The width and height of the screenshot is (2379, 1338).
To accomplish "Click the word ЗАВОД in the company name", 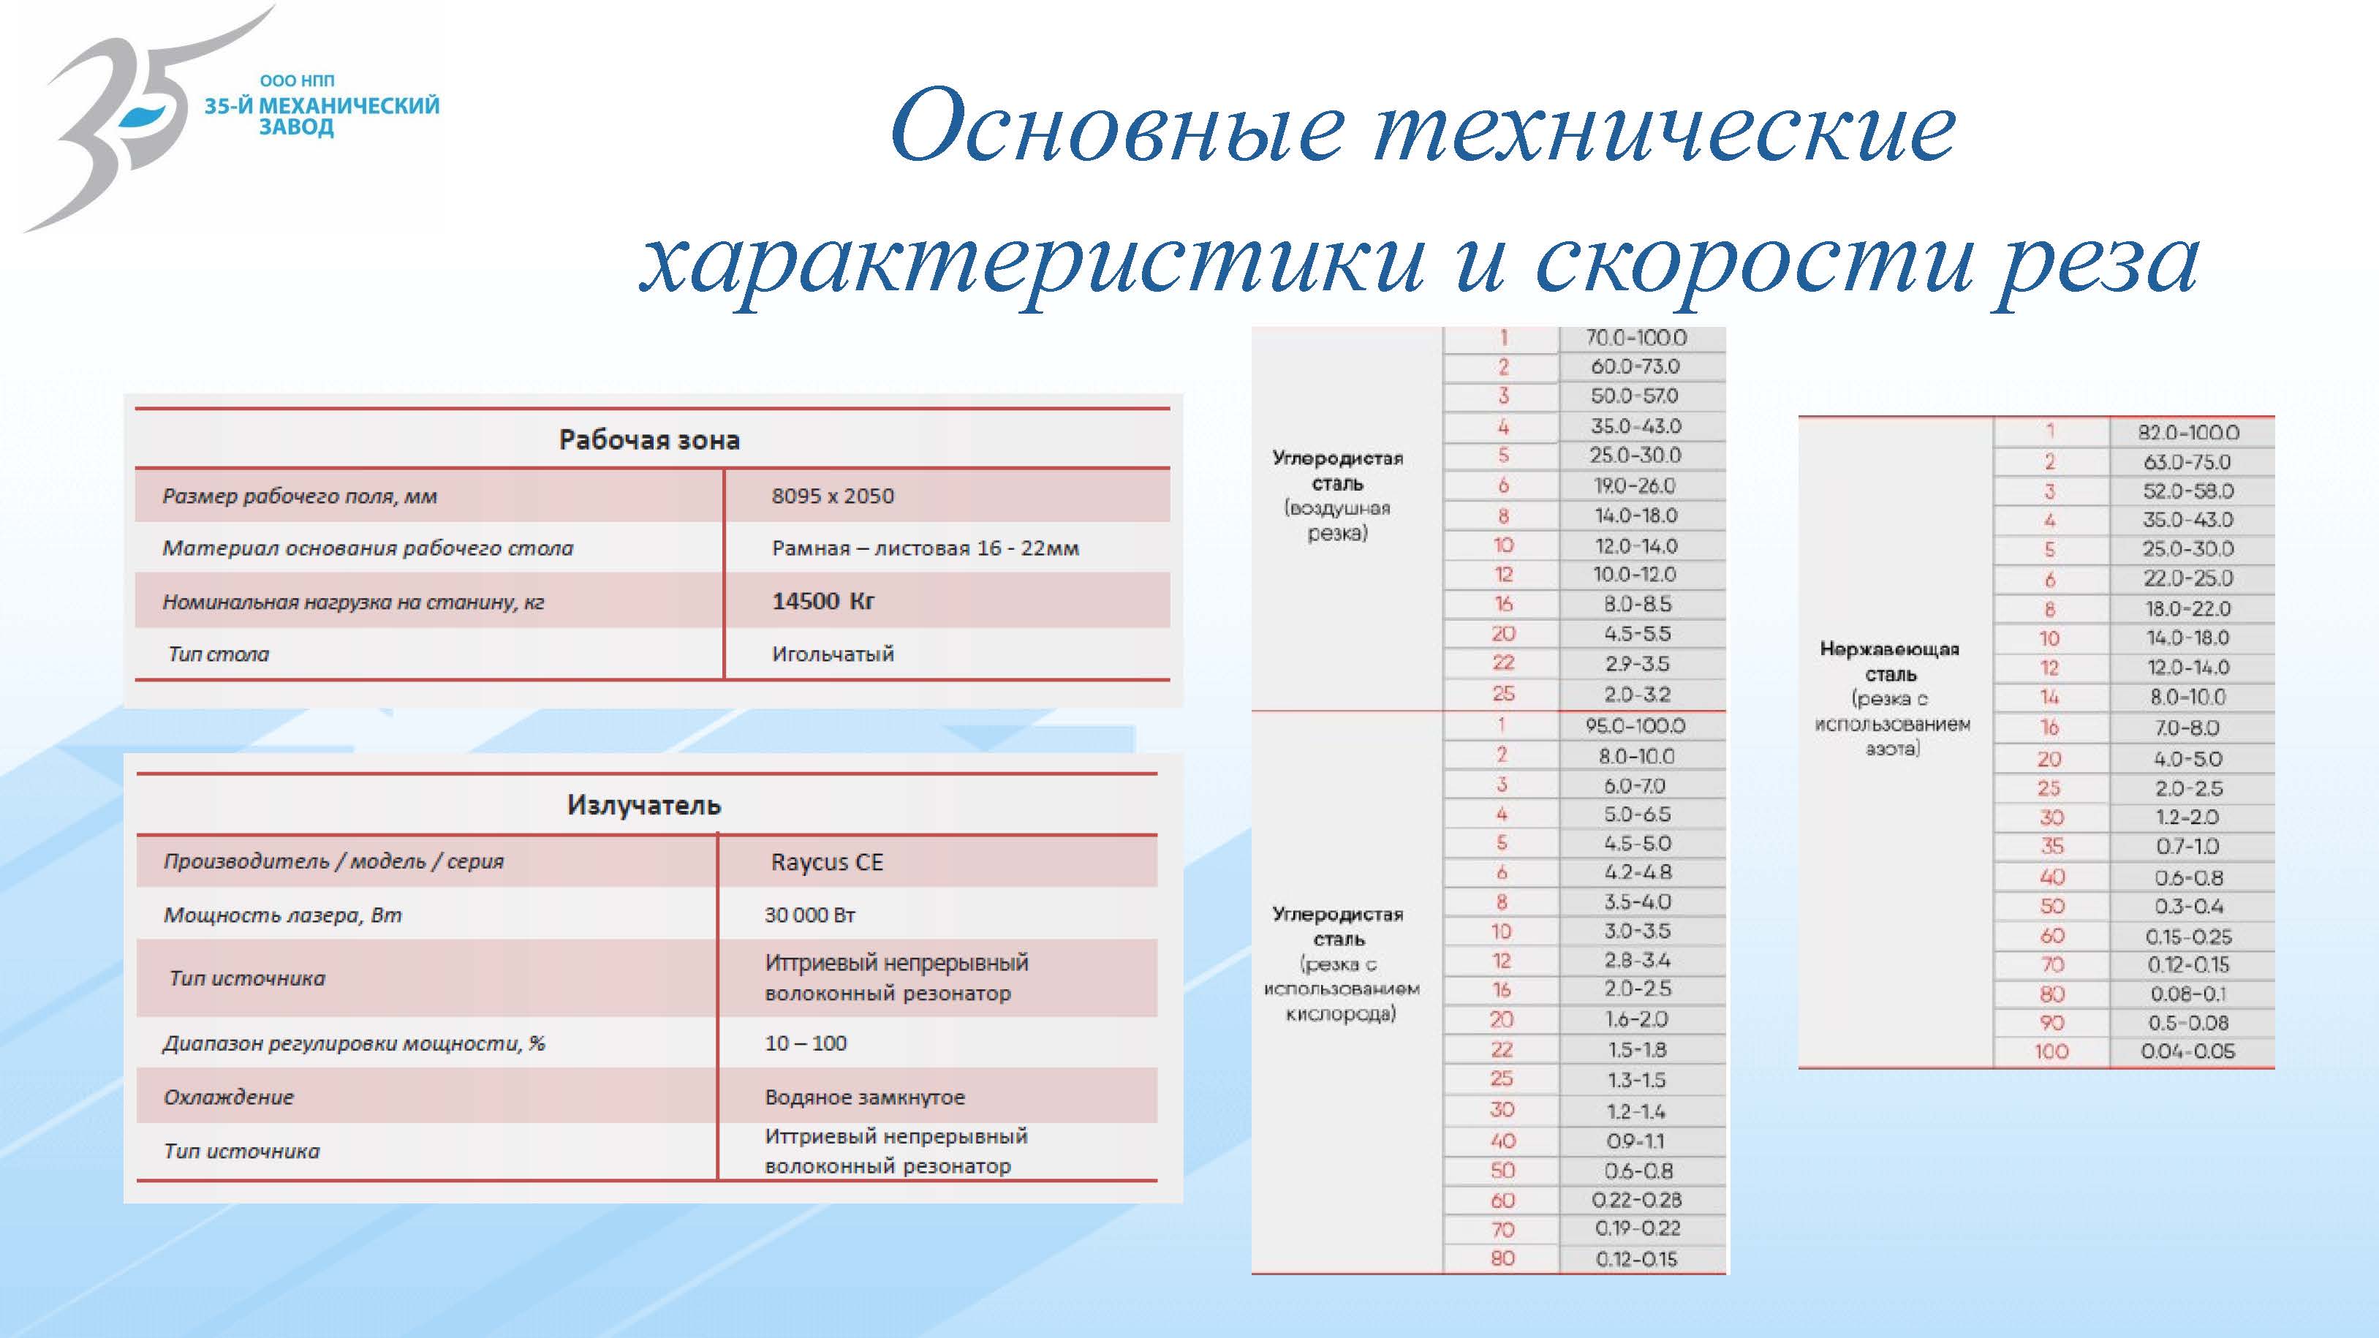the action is (295, 127).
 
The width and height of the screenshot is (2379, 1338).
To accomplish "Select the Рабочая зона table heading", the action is (649, 439).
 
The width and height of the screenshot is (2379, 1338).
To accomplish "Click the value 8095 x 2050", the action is (833, 496).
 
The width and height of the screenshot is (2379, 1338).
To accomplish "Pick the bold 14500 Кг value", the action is (823, 601).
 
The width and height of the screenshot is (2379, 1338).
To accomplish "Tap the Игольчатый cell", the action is (833, 654).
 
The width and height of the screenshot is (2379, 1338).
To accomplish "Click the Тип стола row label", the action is (219, 654).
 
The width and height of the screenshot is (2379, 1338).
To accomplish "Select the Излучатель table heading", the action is (643, 805).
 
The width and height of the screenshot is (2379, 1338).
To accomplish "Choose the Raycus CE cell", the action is (828, 863).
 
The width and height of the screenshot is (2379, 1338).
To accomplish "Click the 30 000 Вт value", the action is (810, 915).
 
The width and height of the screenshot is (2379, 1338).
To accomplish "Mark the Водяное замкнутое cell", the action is (864, 1097).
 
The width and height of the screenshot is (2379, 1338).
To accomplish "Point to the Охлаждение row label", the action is (229, 1097).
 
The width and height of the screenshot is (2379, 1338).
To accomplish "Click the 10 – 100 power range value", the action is (806, 1043).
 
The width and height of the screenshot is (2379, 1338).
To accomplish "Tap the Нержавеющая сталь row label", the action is (1890, 661).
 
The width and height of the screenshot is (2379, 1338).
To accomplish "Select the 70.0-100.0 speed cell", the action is (1635, 338).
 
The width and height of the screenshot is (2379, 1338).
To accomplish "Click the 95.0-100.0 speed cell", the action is (1635, 726).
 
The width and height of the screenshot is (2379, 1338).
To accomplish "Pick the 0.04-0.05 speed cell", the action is (2188, 1051).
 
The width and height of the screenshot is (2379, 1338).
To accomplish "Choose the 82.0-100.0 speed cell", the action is (2188, 432).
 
